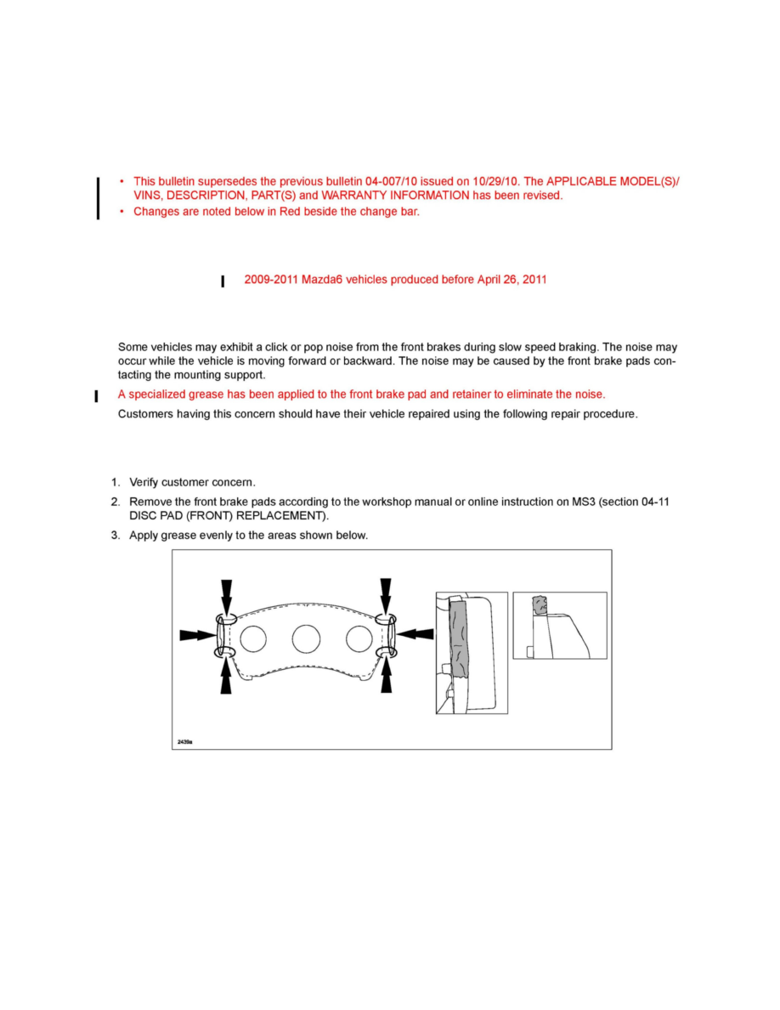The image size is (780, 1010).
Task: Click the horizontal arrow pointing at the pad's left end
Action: (196, 634)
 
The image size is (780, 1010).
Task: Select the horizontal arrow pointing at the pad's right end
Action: (416, 633)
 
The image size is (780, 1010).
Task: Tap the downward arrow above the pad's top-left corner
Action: (225, 594)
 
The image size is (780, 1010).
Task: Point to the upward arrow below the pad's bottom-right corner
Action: (387, 677)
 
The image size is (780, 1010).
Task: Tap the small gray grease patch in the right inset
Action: (539, 605)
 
